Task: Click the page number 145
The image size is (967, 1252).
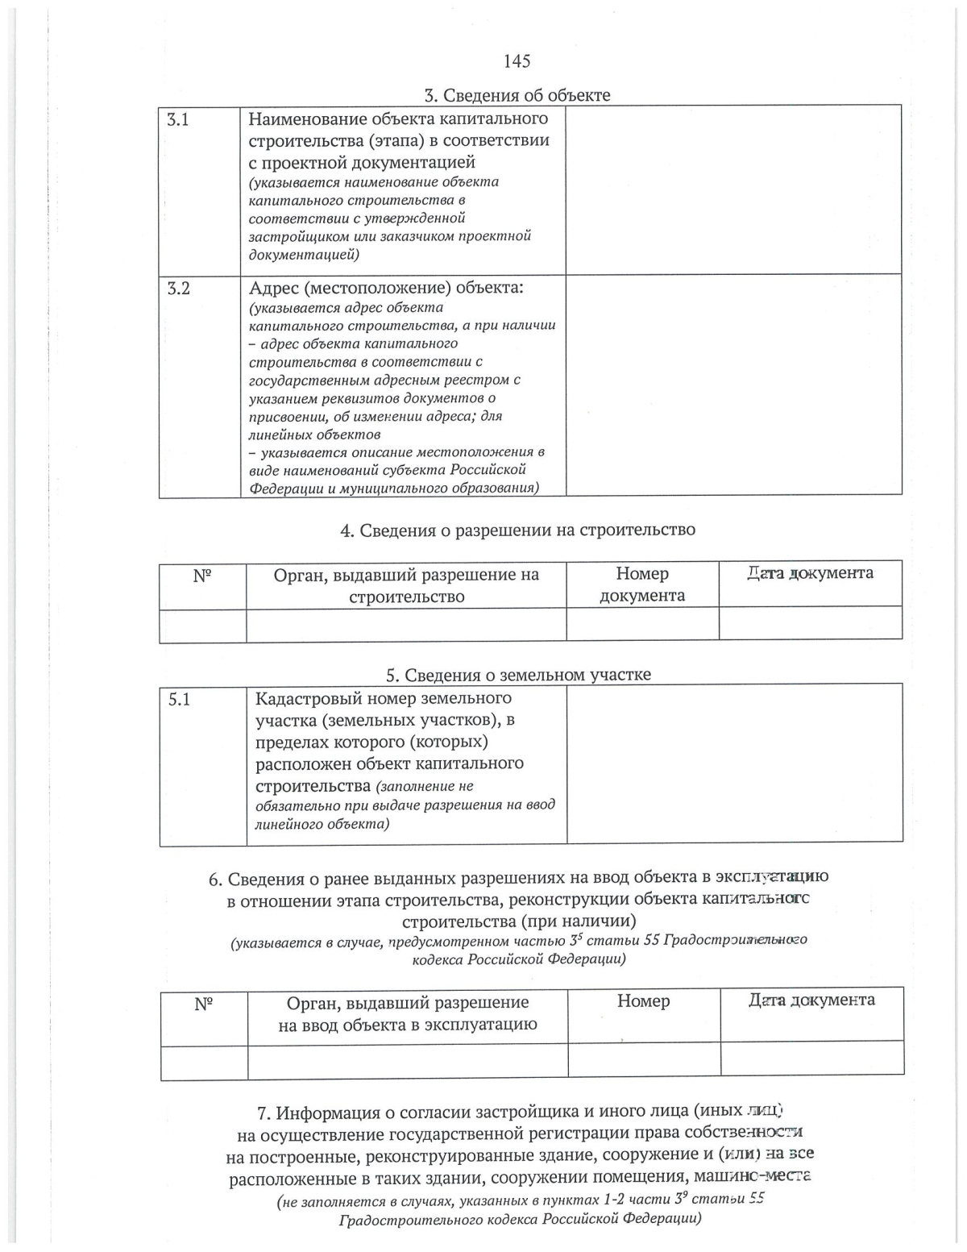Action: tap(517, 61)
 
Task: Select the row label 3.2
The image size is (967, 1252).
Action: tap(178, 289)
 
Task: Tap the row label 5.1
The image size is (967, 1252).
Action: tap(179, 699)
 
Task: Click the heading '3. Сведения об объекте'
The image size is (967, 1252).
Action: tap(517, 95)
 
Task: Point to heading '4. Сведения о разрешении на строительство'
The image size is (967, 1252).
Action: tap(517, 530)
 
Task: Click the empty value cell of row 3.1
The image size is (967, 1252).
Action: tap(733, 190)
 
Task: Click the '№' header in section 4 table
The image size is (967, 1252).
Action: tap(202, 576)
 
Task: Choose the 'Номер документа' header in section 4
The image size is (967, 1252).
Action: tap(642, 584)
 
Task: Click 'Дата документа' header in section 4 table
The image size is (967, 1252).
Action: tap(810, 573)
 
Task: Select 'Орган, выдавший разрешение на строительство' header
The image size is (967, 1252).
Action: tap(406, 585)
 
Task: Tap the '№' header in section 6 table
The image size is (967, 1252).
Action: tap(204, 1004)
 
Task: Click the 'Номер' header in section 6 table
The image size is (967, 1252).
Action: tap(643, 1001)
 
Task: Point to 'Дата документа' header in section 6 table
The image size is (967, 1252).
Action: tap(811, 1000)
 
